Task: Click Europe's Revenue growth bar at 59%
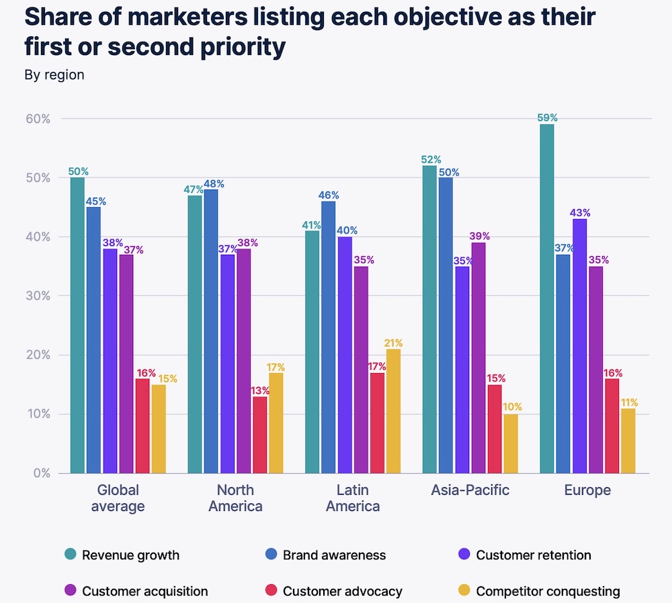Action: coord(547,298)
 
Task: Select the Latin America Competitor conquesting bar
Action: coord(394,411)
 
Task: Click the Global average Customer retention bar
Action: coord(110,360)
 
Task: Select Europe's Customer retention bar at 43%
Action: coord(579,346)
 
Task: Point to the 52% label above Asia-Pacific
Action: coord(430,160)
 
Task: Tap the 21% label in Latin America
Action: coord(394,344)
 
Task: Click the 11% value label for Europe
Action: coord(629,403)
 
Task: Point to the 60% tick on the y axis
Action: coord(38,119)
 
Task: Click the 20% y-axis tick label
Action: coord(38,355)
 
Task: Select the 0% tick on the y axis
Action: coord(41,473)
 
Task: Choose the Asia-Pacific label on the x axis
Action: coord(470,490)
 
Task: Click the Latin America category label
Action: coord(353,498)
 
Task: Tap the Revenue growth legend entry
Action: coord(130,555)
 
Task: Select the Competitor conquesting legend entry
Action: coord(548,592)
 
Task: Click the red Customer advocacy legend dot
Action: coord(271,592)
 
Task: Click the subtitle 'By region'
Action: coord(54,75)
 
